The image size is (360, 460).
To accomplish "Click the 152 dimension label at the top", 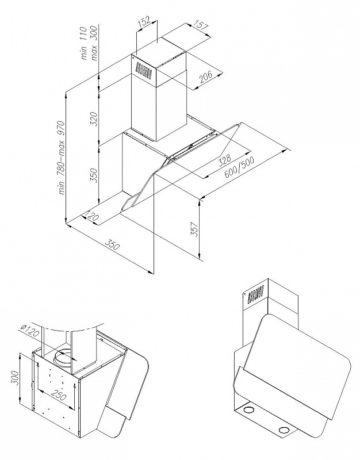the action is (x=145, y=23).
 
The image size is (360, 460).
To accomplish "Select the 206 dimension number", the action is (x=206, y=77).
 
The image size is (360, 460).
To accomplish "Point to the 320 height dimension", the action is (x=94, y=118).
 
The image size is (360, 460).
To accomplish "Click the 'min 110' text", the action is (x=83, y=44).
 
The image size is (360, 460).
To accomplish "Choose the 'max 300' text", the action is (x=94, y=43).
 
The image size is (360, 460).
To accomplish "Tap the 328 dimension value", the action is (x=225, y=160).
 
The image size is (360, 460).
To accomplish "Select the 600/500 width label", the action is (x=239, y=167).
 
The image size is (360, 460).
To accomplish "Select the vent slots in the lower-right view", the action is (x=256, y=294).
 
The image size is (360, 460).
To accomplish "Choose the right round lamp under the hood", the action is (x=284, y=431).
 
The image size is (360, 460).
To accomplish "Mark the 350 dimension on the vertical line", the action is (x=94, y=175).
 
